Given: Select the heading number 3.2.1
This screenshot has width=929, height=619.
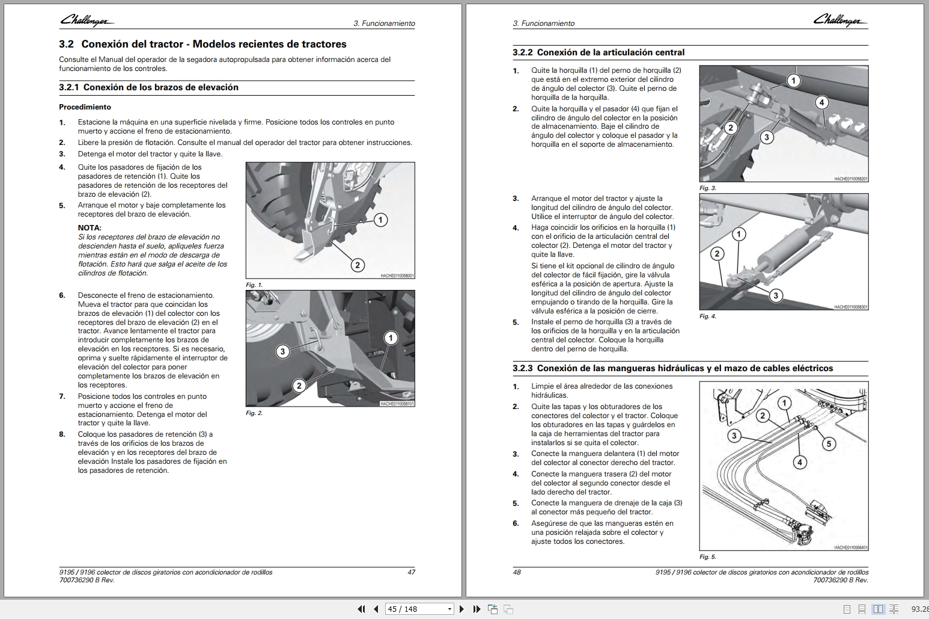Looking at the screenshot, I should point(69,87).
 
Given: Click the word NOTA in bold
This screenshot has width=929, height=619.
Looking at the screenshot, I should point(90,228).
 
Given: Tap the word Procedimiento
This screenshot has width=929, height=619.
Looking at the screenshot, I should point(85,107).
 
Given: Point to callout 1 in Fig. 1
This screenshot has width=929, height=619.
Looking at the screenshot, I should point(380,220).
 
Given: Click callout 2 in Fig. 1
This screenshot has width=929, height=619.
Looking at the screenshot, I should point(357,265).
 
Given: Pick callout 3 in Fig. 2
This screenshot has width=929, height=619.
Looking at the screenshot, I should point(282,351).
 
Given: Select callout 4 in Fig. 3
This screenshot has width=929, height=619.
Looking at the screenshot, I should point(821,102).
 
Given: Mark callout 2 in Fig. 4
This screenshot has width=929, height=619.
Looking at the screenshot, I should point(716,253).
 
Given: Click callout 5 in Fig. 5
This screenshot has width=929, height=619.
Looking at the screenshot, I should point(828,444).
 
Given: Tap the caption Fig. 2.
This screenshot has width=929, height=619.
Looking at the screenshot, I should point(254,413).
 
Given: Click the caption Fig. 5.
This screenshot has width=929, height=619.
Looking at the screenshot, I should point(707,557).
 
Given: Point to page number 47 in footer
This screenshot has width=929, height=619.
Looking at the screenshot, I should point(411,572).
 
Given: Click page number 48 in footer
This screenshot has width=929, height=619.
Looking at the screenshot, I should point(517,572).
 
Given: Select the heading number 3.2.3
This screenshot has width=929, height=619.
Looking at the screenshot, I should point(522,368).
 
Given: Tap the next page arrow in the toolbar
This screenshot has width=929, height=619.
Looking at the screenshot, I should point(461,609).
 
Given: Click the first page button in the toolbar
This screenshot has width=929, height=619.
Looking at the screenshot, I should point(361,609).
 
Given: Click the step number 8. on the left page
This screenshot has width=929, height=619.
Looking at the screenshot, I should point(62,434).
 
